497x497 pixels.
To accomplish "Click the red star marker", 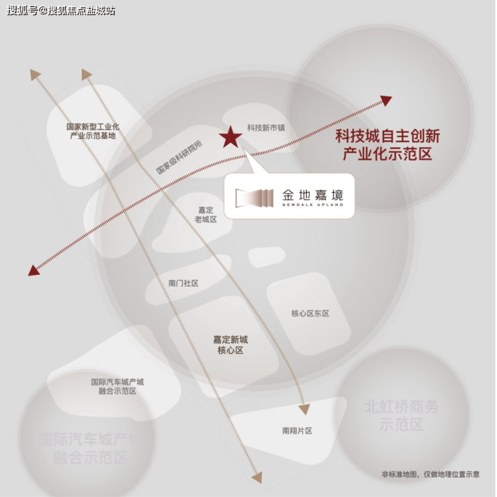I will click(230, 137).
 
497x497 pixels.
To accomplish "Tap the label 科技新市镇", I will click(266, 128).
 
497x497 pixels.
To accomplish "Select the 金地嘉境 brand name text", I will click(312, 195).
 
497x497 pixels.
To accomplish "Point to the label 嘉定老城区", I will click(206, 215).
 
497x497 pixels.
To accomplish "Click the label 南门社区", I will click(183, 283).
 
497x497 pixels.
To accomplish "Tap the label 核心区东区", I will click(310, 314).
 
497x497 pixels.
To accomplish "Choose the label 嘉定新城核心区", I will click(230, 345).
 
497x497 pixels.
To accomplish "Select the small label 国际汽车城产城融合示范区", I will click(118, 386).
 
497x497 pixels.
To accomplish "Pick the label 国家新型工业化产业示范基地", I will click(93, 131).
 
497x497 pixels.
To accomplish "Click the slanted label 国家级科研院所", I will click(178, 159).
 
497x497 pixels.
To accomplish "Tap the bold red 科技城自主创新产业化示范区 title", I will click(388, 145).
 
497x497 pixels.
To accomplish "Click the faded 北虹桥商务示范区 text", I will click(402, 415).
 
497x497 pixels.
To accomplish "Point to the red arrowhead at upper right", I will click(386, 101).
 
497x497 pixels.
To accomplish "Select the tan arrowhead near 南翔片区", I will click(304, 409).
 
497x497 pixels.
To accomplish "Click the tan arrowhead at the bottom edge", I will click(257, 478).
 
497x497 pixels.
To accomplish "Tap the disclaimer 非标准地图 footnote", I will click(431, 474).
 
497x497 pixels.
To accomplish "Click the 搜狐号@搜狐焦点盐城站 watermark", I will click(61, 11).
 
